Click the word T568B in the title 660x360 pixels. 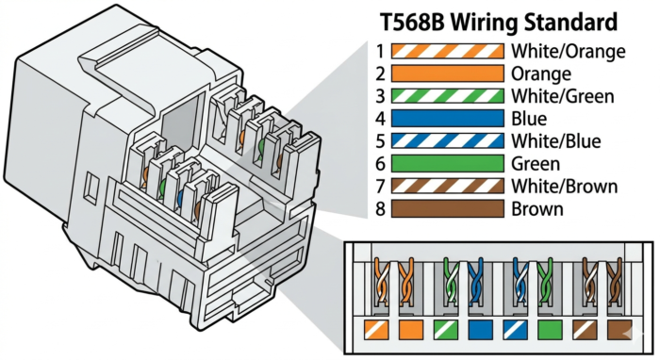tap(413, 20)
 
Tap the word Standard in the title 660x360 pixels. tap(569, 20)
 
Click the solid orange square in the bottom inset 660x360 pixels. tap(410, 330)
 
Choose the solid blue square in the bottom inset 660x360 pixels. tap(479, 330)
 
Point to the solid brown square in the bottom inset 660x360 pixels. tap(619, 330)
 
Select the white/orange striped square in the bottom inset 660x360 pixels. tap(376, 330)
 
